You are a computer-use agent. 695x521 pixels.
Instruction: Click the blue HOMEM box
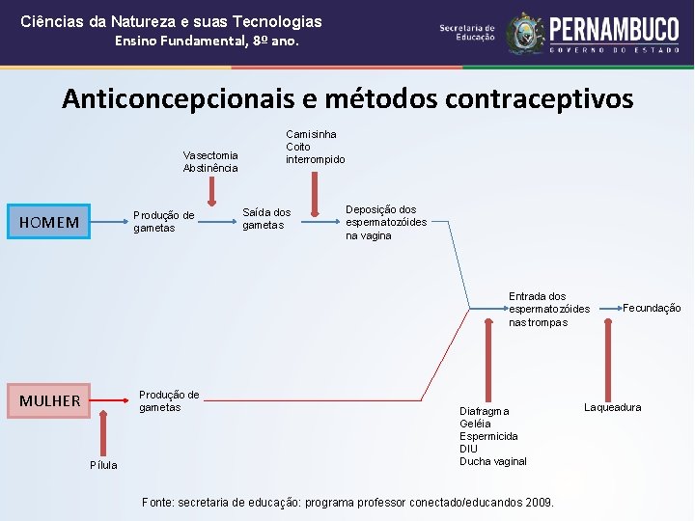[49, 223]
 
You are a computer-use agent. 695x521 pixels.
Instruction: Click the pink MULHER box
[49, 400]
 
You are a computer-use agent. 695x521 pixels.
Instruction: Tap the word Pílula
[103, 465]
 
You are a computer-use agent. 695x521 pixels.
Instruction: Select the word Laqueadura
[612, 407]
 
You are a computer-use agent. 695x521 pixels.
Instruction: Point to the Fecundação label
[652, 308]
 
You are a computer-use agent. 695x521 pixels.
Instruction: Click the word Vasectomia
[210, 155]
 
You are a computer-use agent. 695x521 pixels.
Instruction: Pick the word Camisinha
[311, 134]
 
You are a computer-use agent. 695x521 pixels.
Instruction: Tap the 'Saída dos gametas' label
[265, 218]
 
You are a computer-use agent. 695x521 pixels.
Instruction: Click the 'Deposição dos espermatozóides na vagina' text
[386, 222]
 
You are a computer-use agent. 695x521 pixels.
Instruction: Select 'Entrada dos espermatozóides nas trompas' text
[549, 309]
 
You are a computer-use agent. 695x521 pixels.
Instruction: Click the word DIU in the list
[469, 449]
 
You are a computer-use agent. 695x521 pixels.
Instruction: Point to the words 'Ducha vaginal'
[493, 461]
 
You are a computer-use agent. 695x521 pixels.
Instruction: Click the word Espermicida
[488, 436]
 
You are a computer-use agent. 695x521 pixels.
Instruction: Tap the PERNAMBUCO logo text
[613, 29]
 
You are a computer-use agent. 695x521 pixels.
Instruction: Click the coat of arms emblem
[525, 33]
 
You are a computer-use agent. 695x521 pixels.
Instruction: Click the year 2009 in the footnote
[540, 502]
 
